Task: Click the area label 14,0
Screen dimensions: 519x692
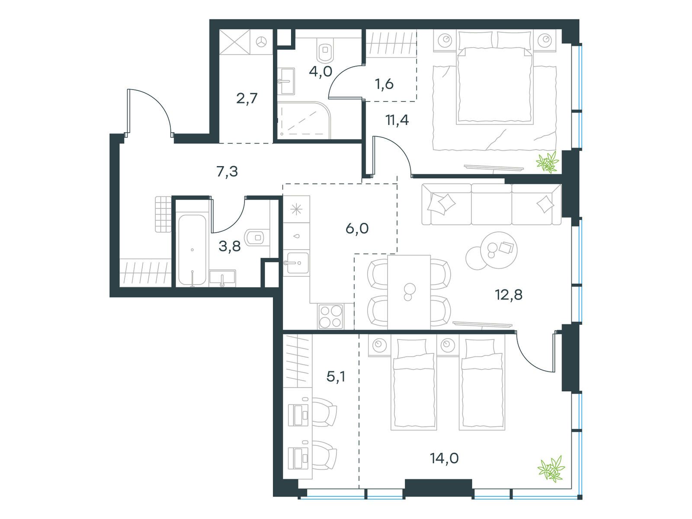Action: tap(444, 458)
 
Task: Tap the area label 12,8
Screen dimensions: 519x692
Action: tap(509, 295)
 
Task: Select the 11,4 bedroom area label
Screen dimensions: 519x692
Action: tap(397, 120)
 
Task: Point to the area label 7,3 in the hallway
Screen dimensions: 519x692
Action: tap(227, 172)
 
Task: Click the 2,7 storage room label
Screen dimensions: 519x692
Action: tap(247, 98)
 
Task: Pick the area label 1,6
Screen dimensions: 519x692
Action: tap(384, 83)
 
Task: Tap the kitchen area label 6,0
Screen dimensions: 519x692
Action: tap(357, 228)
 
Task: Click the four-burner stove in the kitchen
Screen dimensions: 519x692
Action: tap(331, 317)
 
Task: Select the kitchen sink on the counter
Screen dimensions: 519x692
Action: tap(297, 262)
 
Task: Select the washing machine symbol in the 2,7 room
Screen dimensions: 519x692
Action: tap(262, 42)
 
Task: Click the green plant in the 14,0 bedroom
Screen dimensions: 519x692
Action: tap(551, 469)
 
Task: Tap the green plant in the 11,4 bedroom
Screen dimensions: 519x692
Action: tap(548, 163)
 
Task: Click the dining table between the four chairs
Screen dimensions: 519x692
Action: tap(409, 292)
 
